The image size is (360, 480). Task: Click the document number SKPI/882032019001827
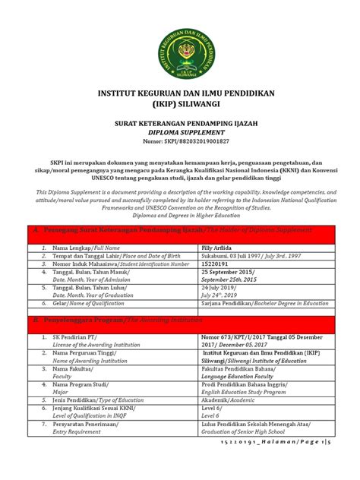[x=180, y=141]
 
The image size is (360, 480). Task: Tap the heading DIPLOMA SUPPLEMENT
[x=180, y=131]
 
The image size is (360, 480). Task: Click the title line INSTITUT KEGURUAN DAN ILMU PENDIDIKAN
[x=180, y=94]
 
